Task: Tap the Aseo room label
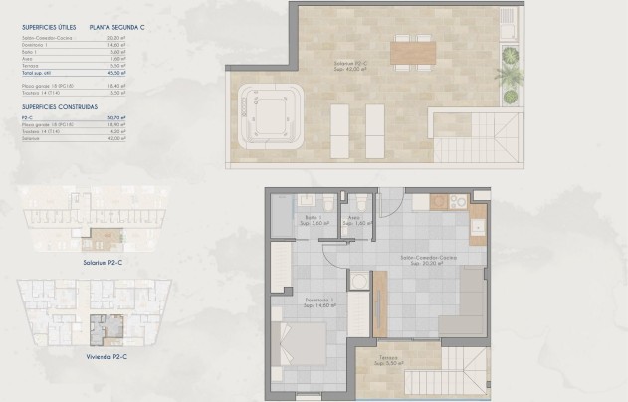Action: (353, 223)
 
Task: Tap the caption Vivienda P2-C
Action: (105, 353)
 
